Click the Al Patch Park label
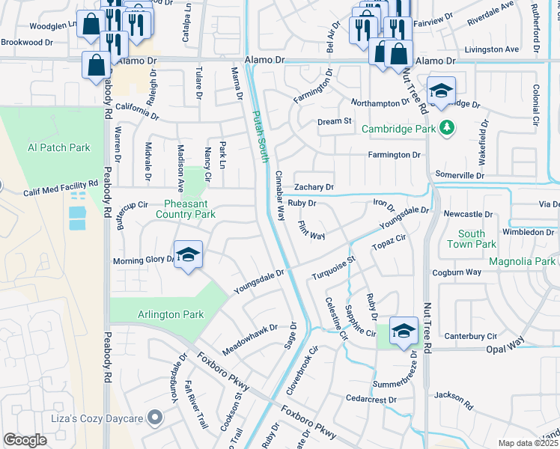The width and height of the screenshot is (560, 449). [58, 147]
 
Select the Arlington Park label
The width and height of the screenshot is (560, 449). [171, 315]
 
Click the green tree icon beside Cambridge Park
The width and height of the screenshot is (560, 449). [447, 128]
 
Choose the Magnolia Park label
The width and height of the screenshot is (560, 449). [522, 261]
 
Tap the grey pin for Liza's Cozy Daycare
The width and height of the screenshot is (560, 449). [155, 417]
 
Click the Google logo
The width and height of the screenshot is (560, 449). [25, 440]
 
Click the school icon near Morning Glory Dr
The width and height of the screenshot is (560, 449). [189, 254]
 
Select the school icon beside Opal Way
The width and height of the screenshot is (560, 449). [404, 331]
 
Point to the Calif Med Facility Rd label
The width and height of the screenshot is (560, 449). [61, 186]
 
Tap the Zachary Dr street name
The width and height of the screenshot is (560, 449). [314, 187]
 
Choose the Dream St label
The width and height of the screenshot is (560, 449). [335, 121]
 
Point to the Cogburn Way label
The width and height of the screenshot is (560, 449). [457, 272]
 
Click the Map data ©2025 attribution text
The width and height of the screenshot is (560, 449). [529, 443]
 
